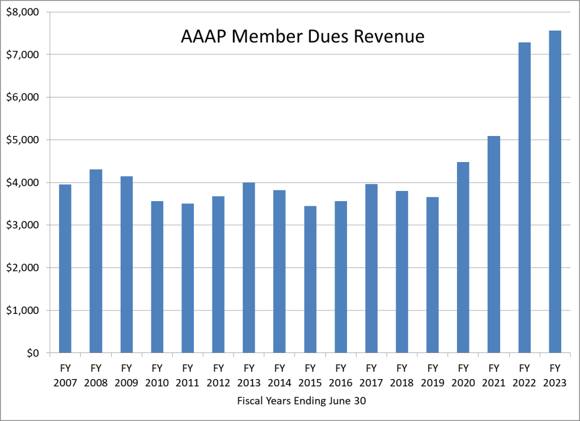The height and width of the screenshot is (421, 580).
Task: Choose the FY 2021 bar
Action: coord(493,244)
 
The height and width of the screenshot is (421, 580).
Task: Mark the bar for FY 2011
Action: coord(188,278)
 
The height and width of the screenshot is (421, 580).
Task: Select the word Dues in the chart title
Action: coord(325,37)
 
